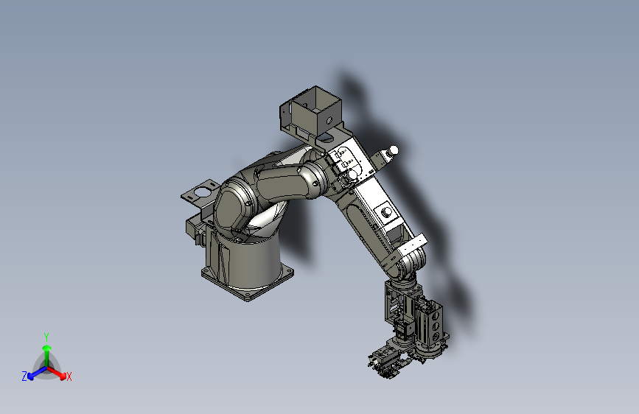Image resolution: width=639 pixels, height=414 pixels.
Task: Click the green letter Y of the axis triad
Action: (x=46, y=335)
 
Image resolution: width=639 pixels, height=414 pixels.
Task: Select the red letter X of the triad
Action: (x=69, y=377)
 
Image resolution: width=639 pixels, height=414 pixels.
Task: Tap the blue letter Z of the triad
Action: (x=24, y=376)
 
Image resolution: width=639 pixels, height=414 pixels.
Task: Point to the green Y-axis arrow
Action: (x=46, y=351)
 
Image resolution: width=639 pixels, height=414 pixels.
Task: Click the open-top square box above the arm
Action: (x=310, y=110)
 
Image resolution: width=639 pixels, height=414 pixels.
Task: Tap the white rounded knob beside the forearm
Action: (x=393, y=150)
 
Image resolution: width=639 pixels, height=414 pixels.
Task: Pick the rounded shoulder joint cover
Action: (x=234, y=203)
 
